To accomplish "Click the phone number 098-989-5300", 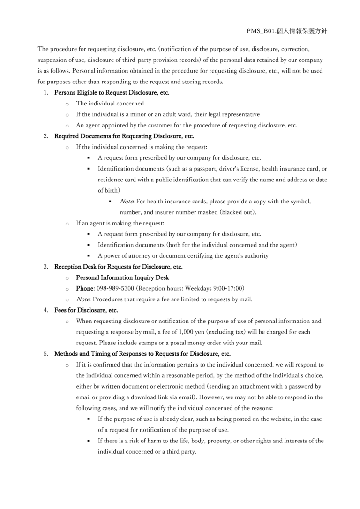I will (x=115, y=288).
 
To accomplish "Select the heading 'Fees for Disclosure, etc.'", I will (x=86, y=310).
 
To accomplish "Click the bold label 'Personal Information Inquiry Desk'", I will (x=122, y=277).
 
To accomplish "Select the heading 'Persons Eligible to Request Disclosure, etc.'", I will (x=112, y=92).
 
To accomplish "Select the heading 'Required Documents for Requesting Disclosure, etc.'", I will (x=124, y=136).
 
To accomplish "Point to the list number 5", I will (x=46, y=354).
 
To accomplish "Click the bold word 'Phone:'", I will (x=85, y=288).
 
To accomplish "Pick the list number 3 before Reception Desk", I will (x=46, y=267).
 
